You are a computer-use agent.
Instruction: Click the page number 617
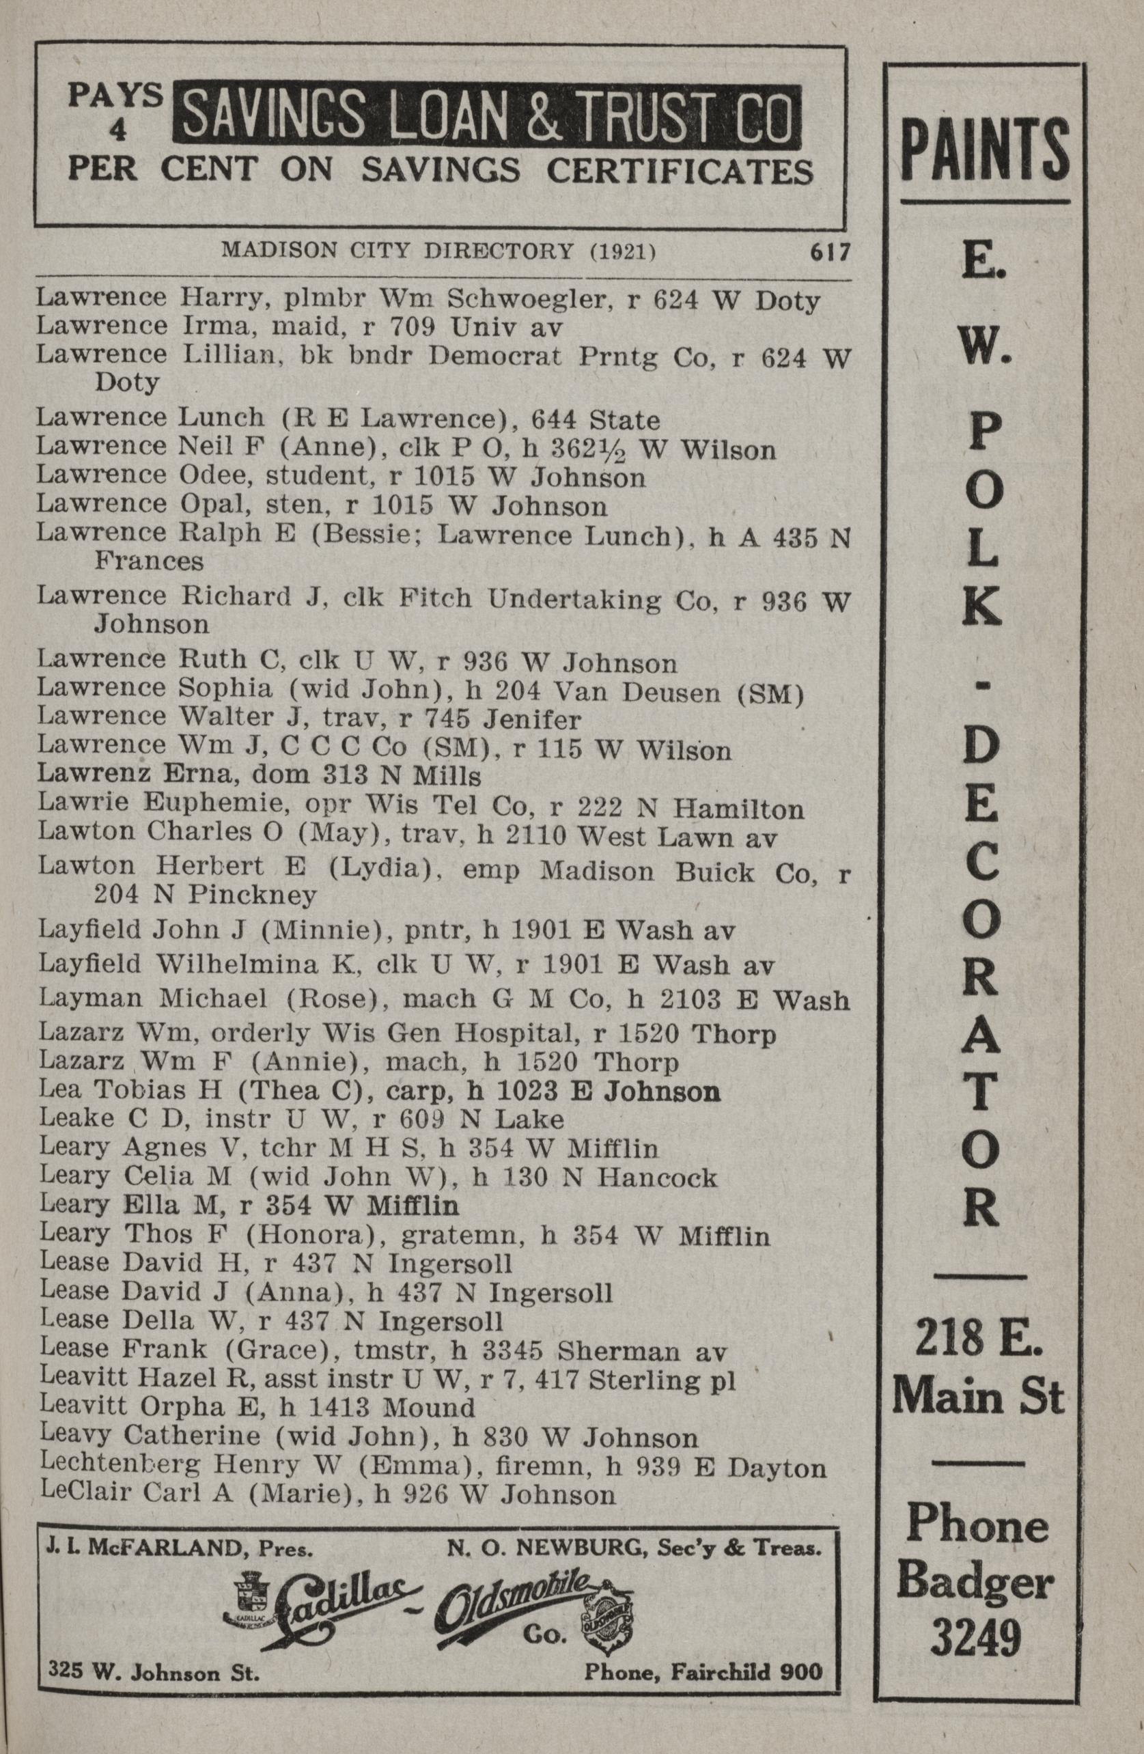[x=830, y=252]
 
